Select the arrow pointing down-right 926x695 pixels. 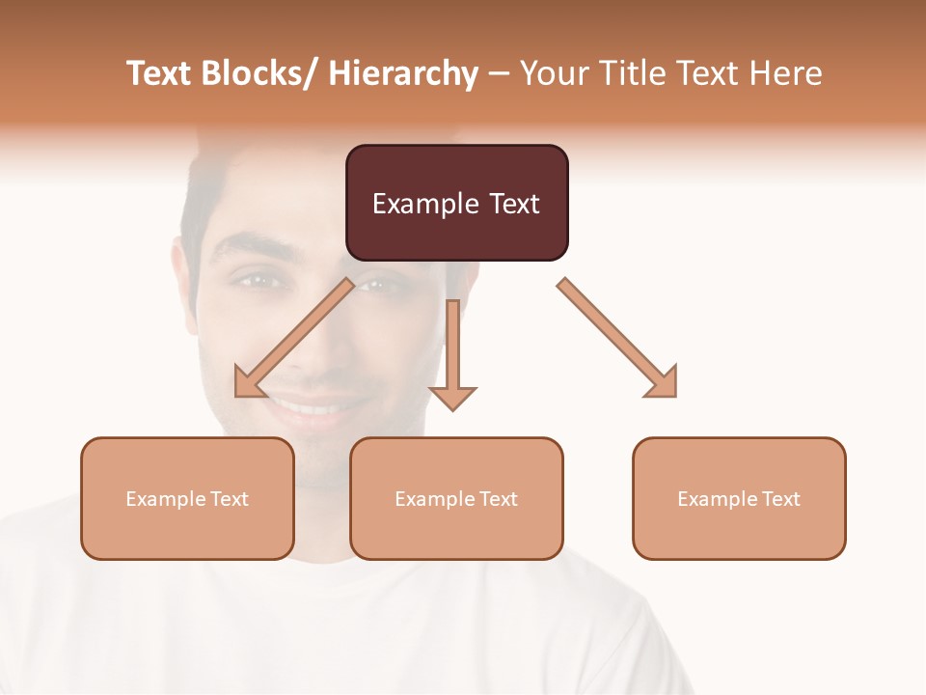tap(617, 337)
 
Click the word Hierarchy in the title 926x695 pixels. tap(403, 73)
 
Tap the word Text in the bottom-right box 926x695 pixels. tap(780, 499)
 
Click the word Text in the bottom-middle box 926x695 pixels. tap(498, 499)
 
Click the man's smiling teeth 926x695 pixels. tap(307, 408)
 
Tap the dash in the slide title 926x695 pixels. tap(499, 73)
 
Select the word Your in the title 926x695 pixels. tap(554, 73)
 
